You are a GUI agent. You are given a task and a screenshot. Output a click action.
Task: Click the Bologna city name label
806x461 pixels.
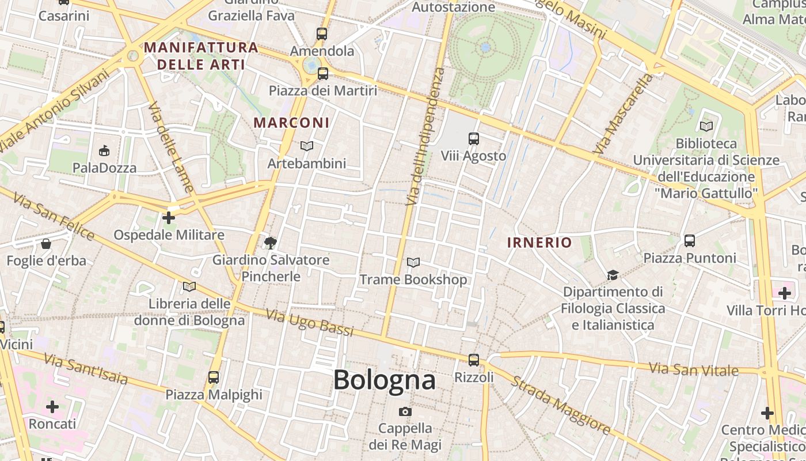tap(384, 380)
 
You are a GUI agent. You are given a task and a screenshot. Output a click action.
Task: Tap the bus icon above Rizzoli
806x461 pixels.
tap(474, 360)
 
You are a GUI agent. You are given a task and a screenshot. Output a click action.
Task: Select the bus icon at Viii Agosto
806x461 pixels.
tap(474, 139)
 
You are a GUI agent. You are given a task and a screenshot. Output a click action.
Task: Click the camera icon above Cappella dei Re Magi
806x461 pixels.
tap(405, 411)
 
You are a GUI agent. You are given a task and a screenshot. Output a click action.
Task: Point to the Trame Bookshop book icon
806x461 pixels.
tap(413, 263)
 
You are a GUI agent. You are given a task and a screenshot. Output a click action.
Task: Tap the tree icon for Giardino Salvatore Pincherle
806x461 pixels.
tap(270, 243)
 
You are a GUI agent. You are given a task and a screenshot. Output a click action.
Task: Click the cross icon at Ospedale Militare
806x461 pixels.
tap(169, 218)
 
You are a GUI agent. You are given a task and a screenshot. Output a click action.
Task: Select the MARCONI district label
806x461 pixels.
tap(292, 123)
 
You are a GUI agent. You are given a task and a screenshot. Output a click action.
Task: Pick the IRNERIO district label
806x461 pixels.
tap(539, 243)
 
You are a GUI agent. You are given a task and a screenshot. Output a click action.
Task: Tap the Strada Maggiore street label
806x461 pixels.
tap(560, 405)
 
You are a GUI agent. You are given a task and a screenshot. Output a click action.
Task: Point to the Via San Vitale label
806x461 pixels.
tap(693, 369)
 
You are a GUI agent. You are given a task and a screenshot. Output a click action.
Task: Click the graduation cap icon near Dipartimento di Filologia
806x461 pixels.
tap(613, 275)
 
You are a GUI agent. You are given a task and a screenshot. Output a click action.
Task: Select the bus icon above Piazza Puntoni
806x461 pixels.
tap(690, 241)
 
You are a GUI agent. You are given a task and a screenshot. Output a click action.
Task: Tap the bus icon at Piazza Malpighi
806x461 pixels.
tap(214, 377)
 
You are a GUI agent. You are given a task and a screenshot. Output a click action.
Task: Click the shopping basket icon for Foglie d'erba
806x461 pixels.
tap(46, 244)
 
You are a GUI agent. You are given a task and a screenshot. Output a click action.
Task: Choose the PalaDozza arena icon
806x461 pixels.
tap(104, 151)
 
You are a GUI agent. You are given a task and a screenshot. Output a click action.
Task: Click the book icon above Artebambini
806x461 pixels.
tap(307, 146)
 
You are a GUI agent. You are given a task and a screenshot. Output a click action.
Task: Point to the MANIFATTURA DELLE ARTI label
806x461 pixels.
tap(201, 55)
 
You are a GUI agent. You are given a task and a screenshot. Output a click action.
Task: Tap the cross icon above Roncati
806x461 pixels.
tap(52, 407)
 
